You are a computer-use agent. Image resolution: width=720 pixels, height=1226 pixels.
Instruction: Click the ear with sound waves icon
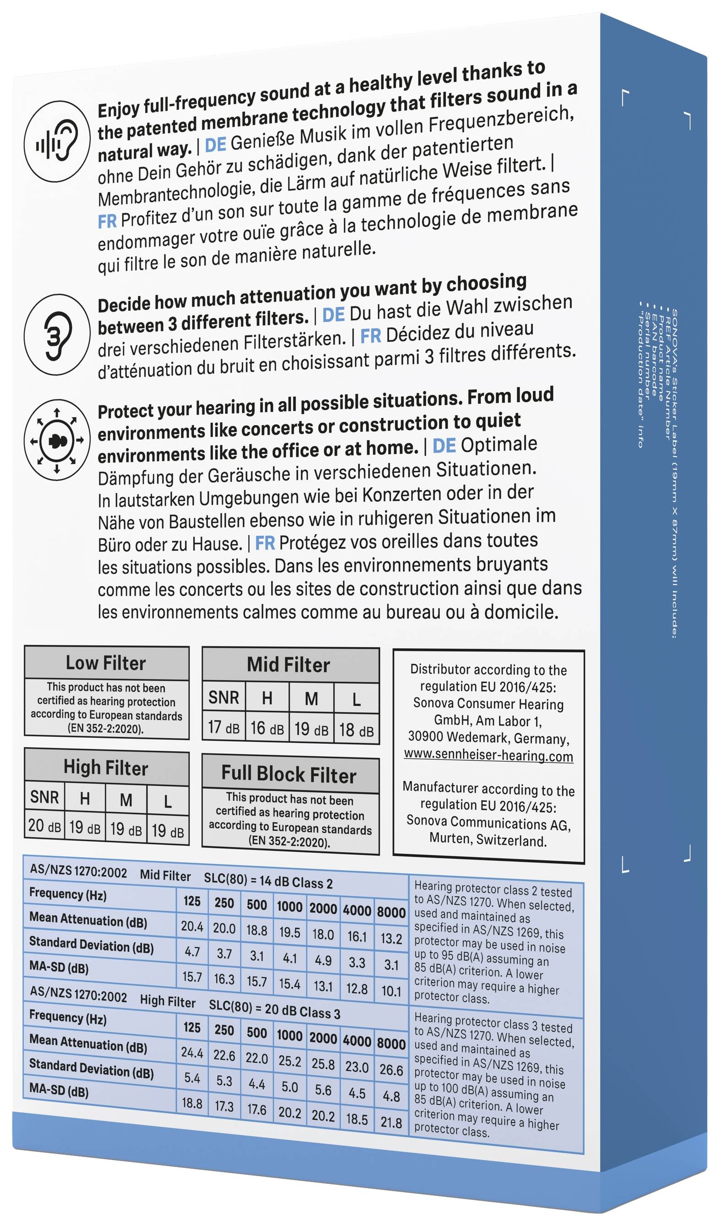57,141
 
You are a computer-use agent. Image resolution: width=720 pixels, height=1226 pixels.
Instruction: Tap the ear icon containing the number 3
57,334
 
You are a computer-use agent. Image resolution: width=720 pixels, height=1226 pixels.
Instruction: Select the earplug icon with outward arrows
57,440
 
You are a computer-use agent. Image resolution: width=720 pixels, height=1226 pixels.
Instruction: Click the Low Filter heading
106,663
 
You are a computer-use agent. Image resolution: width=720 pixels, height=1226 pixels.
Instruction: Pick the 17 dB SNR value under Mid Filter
223,728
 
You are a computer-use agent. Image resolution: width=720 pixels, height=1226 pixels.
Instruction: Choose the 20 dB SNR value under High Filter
44,826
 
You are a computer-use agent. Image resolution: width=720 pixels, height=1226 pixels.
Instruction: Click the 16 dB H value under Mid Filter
267,728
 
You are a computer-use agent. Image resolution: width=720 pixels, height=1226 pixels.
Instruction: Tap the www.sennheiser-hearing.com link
488,756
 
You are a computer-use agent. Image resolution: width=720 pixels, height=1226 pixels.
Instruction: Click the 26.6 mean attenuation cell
391,1070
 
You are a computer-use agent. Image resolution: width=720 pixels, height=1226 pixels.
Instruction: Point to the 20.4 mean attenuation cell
192,927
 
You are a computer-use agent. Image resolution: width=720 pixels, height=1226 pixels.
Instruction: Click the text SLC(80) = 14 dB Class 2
268,881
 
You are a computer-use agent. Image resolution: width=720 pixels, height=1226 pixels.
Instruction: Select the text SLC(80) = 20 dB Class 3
275,1011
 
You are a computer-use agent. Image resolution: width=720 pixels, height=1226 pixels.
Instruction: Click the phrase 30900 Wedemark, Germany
488,737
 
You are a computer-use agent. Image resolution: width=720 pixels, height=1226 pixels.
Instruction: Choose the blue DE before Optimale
444,446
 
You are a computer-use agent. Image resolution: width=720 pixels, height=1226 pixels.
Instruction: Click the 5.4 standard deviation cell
192,1078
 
